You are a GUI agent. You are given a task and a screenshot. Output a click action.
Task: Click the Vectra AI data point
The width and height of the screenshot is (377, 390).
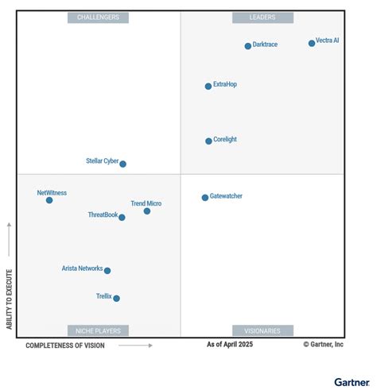[x=312, y=44]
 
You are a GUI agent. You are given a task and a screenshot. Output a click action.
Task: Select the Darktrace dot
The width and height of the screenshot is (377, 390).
[x=248, y=46]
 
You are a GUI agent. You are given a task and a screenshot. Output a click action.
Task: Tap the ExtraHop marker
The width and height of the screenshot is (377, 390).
[x=208, y=87]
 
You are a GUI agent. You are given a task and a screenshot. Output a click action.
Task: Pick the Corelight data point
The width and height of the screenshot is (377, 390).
[x=208, y=141]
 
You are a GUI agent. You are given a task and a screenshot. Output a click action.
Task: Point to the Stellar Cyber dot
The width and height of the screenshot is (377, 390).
[x=122, y=164]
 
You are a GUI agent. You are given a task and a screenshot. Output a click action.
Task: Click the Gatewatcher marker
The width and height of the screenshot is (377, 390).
[x=205, y=198]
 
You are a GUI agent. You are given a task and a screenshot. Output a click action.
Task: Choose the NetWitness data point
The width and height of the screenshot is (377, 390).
[x=49, y=200]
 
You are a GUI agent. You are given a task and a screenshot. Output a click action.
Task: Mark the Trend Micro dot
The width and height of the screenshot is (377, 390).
[x=147, y=211]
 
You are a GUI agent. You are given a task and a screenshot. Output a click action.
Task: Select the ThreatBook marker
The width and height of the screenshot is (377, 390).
[x=122, y=218]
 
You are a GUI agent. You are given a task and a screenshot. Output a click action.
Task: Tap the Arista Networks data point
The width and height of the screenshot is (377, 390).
[x=107, y=271]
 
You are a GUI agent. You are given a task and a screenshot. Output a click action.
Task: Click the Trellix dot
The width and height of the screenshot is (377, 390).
[x=116, y=299]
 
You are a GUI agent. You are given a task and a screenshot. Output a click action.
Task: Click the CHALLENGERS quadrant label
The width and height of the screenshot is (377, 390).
[x=99, y=17]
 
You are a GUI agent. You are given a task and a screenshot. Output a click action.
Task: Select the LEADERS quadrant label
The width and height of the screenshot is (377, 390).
[x=262, y=17]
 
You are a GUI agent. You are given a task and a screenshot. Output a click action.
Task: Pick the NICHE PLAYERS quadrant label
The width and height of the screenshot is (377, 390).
[x=99, y=330]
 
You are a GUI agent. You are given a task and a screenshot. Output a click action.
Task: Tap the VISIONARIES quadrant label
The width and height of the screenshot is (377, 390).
[x=262, y=330]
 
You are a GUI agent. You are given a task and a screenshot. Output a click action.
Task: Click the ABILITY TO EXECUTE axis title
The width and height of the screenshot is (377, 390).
[x=9, y=299]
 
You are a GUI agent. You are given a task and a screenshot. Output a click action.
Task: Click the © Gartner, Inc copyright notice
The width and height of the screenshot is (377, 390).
[x=323, y=345]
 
